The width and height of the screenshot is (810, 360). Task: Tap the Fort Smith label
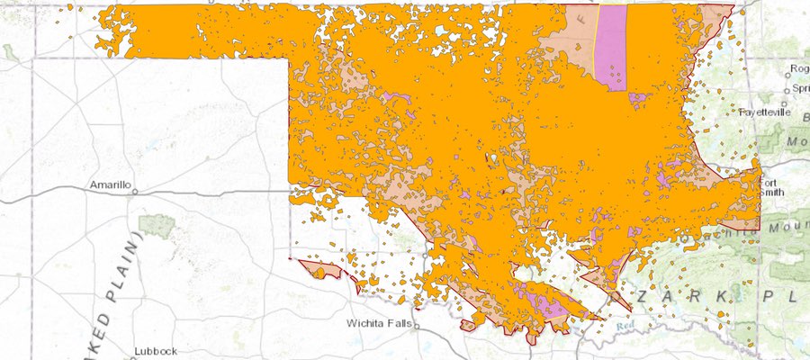771,185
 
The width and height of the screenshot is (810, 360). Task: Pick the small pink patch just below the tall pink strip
638,96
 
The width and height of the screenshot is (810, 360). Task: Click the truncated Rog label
798,68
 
